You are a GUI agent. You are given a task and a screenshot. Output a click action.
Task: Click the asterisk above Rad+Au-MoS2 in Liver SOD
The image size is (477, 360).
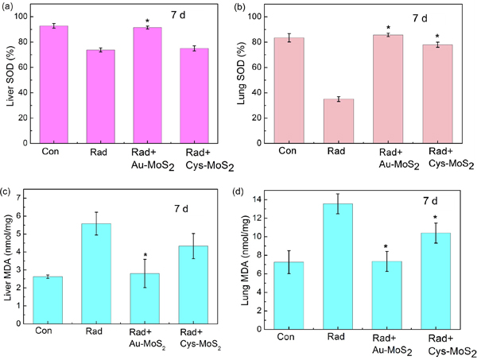point(148,20)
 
